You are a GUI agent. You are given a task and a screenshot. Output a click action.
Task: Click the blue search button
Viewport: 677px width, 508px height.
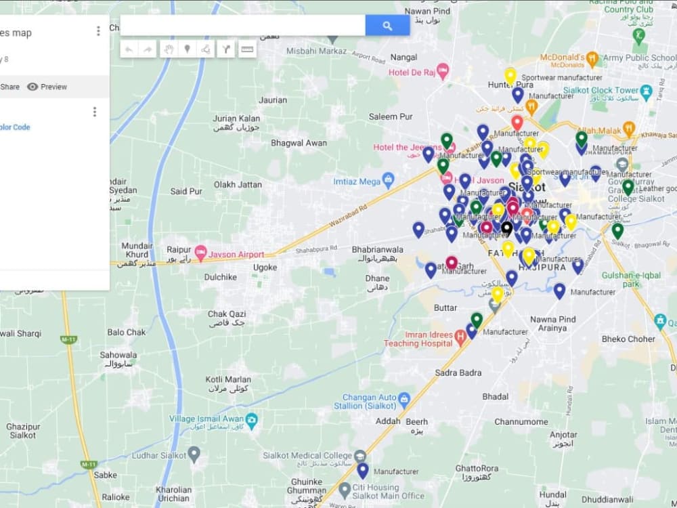point(387,26)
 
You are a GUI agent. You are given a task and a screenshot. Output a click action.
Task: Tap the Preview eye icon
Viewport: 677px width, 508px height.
point(32,87)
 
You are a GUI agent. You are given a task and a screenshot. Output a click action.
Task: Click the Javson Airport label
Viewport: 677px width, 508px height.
point(237,254)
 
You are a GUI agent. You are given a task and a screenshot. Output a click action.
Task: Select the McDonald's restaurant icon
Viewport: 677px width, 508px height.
point(592,59)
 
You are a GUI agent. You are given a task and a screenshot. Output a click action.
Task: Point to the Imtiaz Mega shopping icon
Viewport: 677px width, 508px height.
point(388,180)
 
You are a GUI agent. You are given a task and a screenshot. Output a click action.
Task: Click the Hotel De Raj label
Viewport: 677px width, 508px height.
point(412,72)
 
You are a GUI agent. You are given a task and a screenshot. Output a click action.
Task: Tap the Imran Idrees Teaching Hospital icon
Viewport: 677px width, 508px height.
point(461,335)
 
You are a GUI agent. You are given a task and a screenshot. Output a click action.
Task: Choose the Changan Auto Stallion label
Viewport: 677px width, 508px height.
point(368,402)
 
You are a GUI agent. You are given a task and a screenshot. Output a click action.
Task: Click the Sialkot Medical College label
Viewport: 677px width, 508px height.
point(307,455)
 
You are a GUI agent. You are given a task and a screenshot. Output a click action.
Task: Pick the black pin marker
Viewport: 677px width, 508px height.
point(506,228)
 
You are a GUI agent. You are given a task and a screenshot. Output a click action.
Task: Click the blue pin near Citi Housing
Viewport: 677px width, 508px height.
point(363,469)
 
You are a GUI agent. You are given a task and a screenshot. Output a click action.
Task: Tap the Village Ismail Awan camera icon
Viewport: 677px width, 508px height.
point(252,419)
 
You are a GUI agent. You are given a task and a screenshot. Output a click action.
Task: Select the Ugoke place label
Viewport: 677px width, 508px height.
point(265,268)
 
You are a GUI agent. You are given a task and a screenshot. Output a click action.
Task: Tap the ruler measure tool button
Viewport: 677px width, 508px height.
point(247,49)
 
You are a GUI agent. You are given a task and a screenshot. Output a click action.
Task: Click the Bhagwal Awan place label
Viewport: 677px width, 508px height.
point(299,143)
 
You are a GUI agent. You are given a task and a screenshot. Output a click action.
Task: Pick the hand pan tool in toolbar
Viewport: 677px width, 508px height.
point(169,49)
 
